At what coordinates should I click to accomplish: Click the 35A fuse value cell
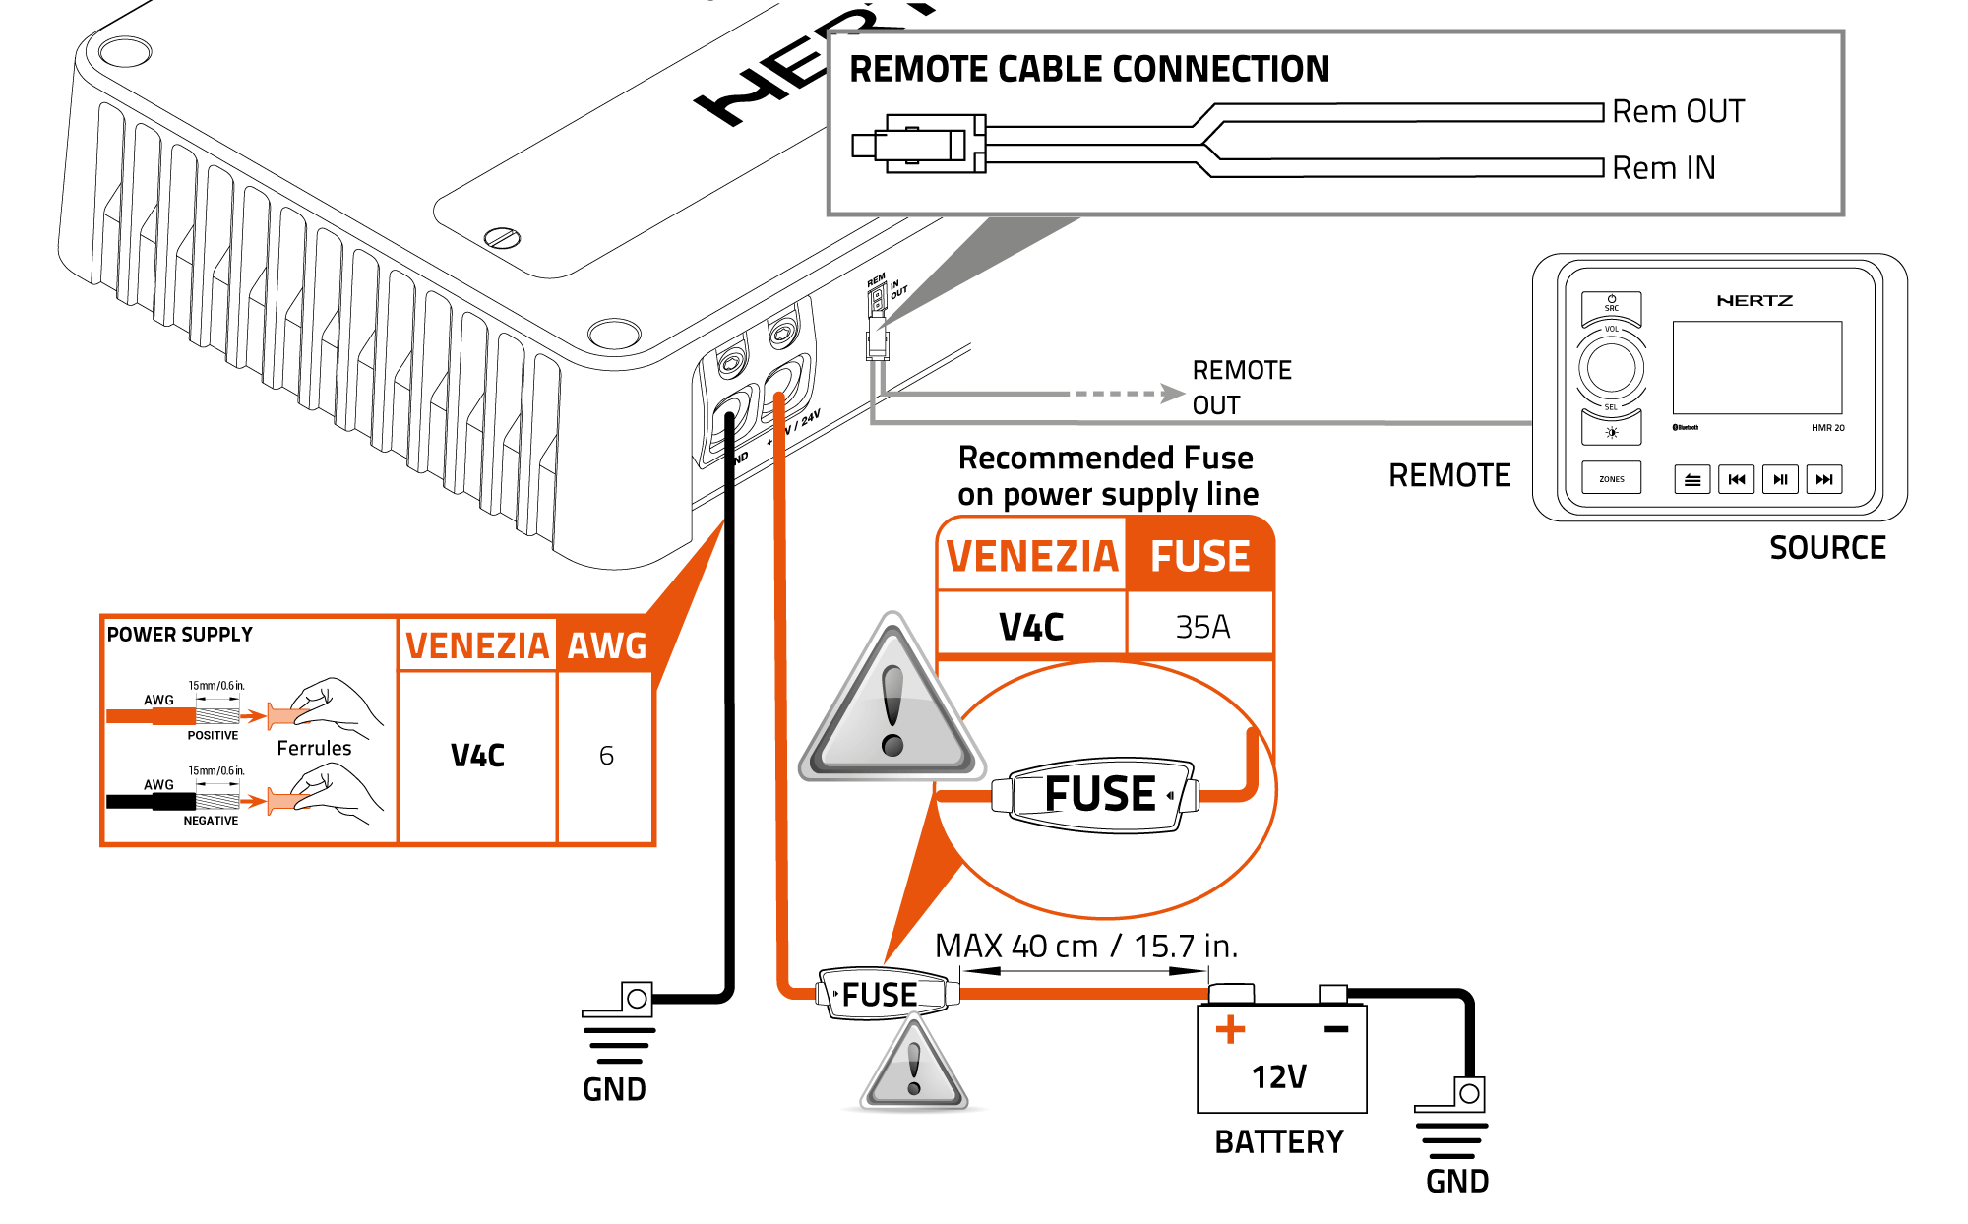(1201, 627)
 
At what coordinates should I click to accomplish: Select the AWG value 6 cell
(606, 756)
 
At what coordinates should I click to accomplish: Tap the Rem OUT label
(1678, 111)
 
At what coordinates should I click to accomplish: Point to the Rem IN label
(1663, 167)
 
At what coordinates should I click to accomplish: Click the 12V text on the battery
(1278, 1076)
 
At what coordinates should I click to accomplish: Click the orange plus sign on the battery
(1230, 1030)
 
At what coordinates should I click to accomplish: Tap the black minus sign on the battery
(1335, 1029)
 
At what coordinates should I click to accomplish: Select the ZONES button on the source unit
(1611, 479)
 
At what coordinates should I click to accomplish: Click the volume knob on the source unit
(1611, 367)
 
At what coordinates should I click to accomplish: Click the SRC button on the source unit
(1611, 304)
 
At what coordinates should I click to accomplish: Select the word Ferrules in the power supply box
(314, 748)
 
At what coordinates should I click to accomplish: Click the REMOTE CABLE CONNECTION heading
(1089, 69)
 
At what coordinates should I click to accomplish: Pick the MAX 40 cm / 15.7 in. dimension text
(1085, 946)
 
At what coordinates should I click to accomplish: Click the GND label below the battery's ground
(1456, 1181)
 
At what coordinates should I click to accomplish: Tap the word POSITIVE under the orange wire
(213, 735)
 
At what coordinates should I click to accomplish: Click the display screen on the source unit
(1756, 367)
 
